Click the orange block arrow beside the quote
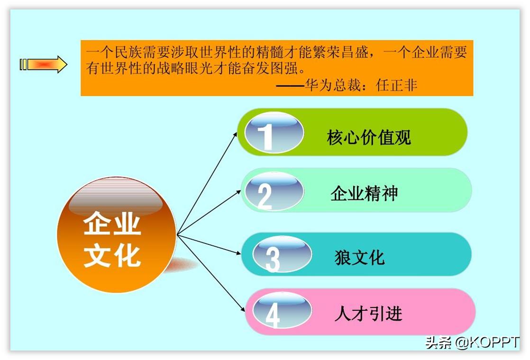[44, 64]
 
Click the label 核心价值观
[368, 137]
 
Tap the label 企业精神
[364, 194]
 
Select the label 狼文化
[360, 258]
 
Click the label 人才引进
[368, 314]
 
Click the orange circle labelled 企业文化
[116, 235]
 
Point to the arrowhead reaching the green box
[236, 134]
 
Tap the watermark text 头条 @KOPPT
[472, 342]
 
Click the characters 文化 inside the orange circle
[112, 256]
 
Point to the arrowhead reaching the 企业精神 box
[239, 192]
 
